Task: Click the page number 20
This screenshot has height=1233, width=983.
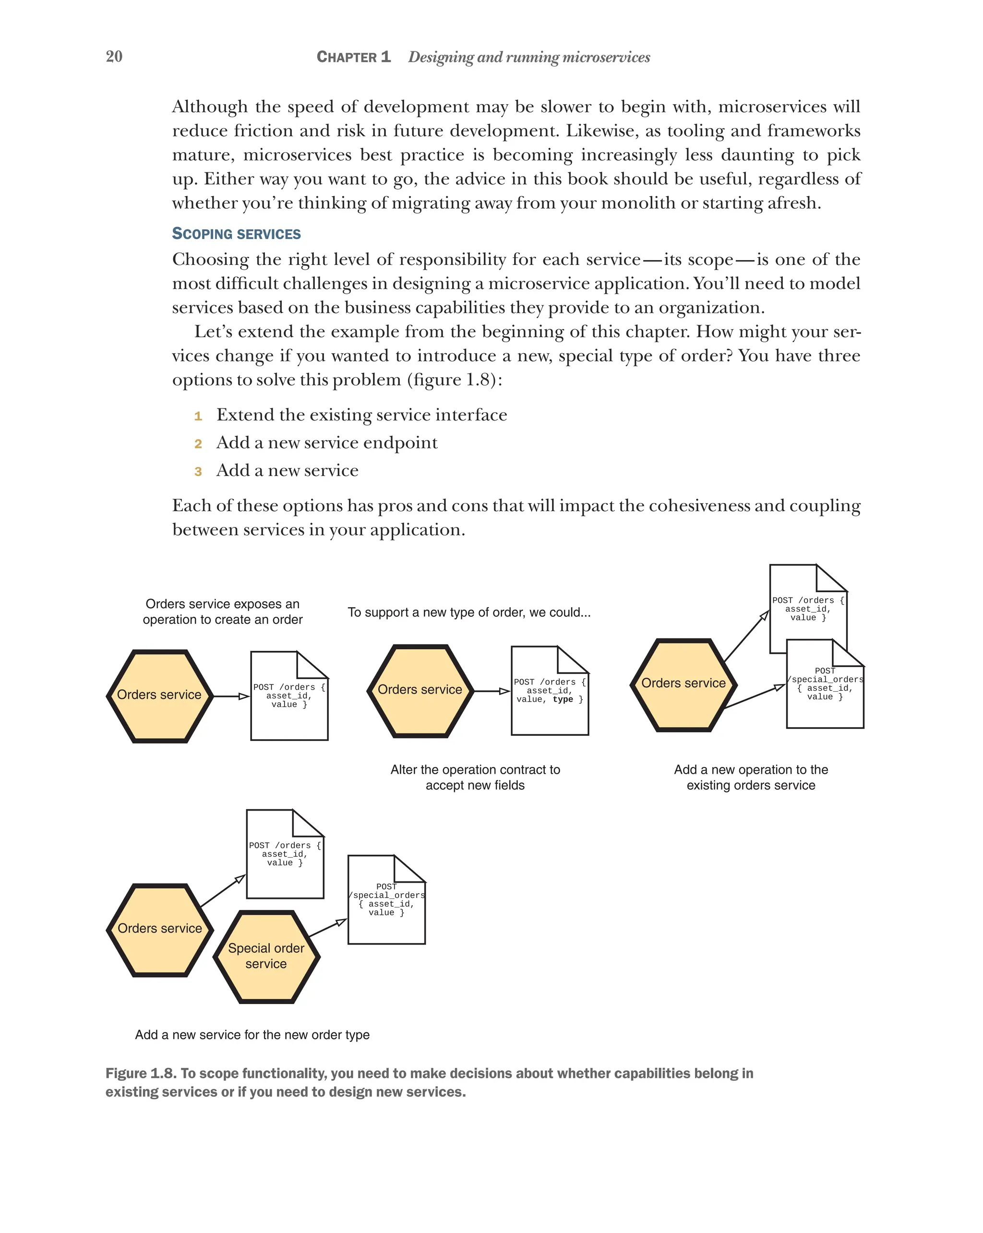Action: click(114, 56)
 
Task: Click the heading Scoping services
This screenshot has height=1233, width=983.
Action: click(236, 233)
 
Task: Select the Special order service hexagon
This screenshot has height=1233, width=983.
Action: click(266, 956)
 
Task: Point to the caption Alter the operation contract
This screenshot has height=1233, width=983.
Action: click(475, 769)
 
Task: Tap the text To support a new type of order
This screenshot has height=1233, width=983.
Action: click(468, 612)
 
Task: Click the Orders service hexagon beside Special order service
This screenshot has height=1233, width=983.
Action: click(159, 929)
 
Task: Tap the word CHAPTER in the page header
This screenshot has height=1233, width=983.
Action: click(347, 57)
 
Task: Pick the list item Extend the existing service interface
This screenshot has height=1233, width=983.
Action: click(361, 415)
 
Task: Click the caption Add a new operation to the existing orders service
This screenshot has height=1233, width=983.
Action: click(750, 777)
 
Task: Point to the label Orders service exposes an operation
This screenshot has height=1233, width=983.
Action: click(222, 611)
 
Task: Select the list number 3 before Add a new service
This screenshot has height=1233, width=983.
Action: click(198, 471)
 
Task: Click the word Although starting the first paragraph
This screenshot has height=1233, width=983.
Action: click(210, 107)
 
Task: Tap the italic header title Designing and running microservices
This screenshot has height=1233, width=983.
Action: click(528, 57)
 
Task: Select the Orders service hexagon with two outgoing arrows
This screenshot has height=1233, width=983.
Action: click(683, 684)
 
